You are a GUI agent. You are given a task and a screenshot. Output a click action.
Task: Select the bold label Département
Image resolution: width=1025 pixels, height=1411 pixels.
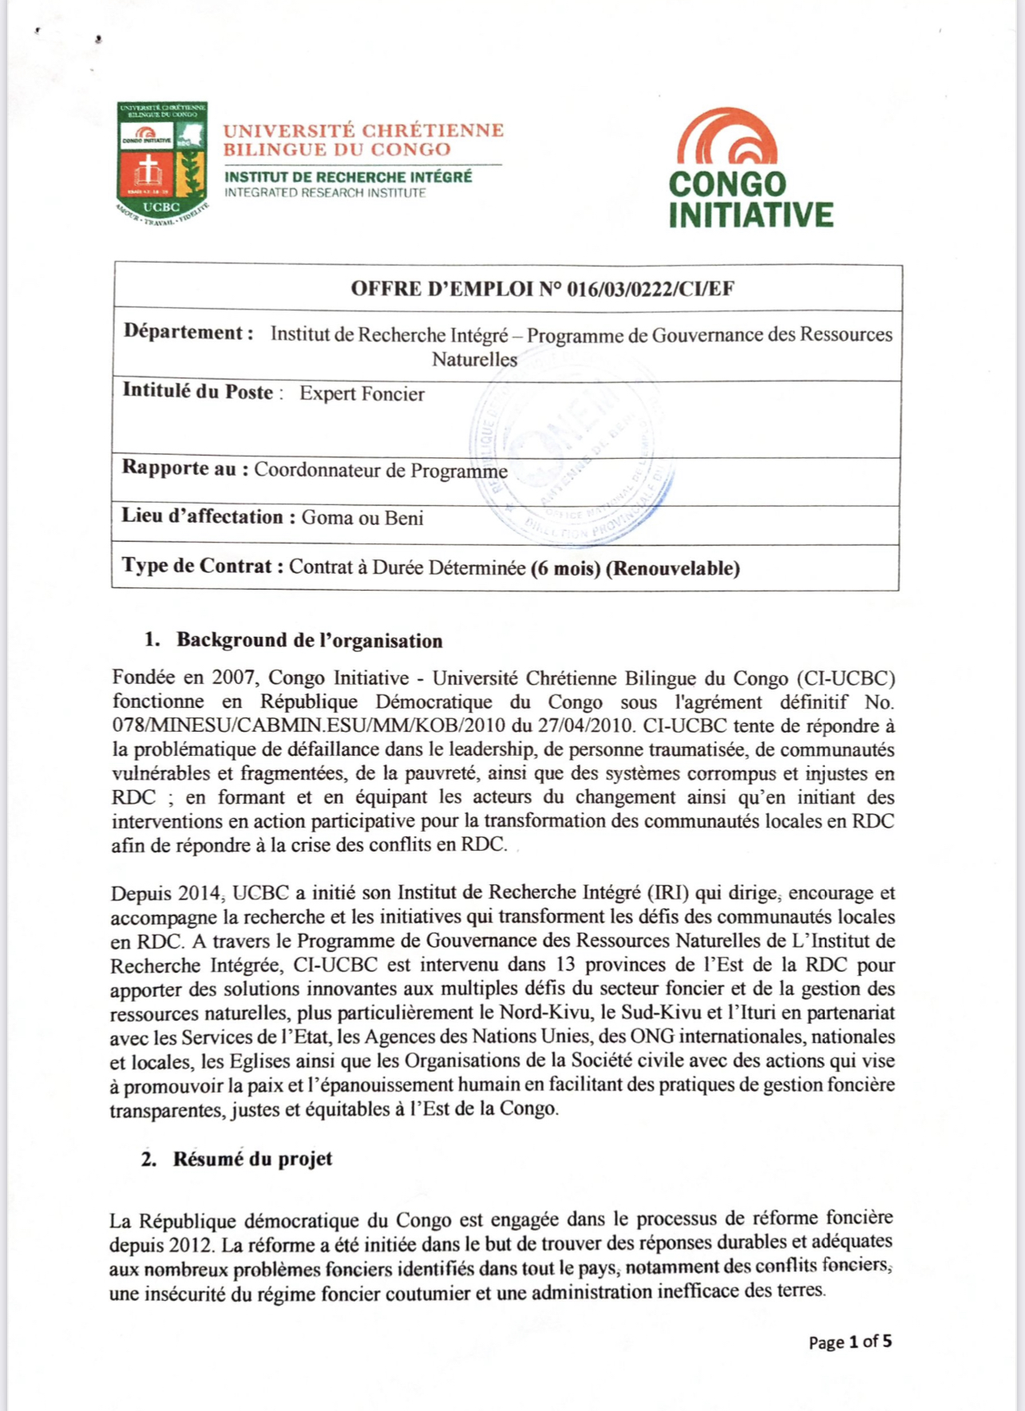(188, 332)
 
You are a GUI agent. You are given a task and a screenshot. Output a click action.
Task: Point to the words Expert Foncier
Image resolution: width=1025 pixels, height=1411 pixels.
(362, 393)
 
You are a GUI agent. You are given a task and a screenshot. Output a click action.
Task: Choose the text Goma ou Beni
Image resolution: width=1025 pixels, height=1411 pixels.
(362, 518)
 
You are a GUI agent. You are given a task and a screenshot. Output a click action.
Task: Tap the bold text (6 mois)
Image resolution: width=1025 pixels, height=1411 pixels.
(565, 568)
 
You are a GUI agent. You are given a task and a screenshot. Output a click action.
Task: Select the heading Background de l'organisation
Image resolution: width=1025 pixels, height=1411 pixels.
(309, 640)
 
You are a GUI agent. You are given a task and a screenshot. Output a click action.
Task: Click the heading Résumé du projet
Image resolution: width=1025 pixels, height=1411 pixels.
(252, 1159)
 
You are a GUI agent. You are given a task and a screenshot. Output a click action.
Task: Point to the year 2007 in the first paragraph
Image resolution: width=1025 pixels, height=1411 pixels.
(233, 678)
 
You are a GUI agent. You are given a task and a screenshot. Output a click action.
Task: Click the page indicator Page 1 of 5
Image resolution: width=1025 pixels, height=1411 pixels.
(849, 1342)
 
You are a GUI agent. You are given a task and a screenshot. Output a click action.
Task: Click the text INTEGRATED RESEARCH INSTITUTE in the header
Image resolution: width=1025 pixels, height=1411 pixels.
(325, 193)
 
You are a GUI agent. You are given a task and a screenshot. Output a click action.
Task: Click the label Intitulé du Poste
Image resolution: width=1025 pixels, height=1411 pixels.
(197, 391)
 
